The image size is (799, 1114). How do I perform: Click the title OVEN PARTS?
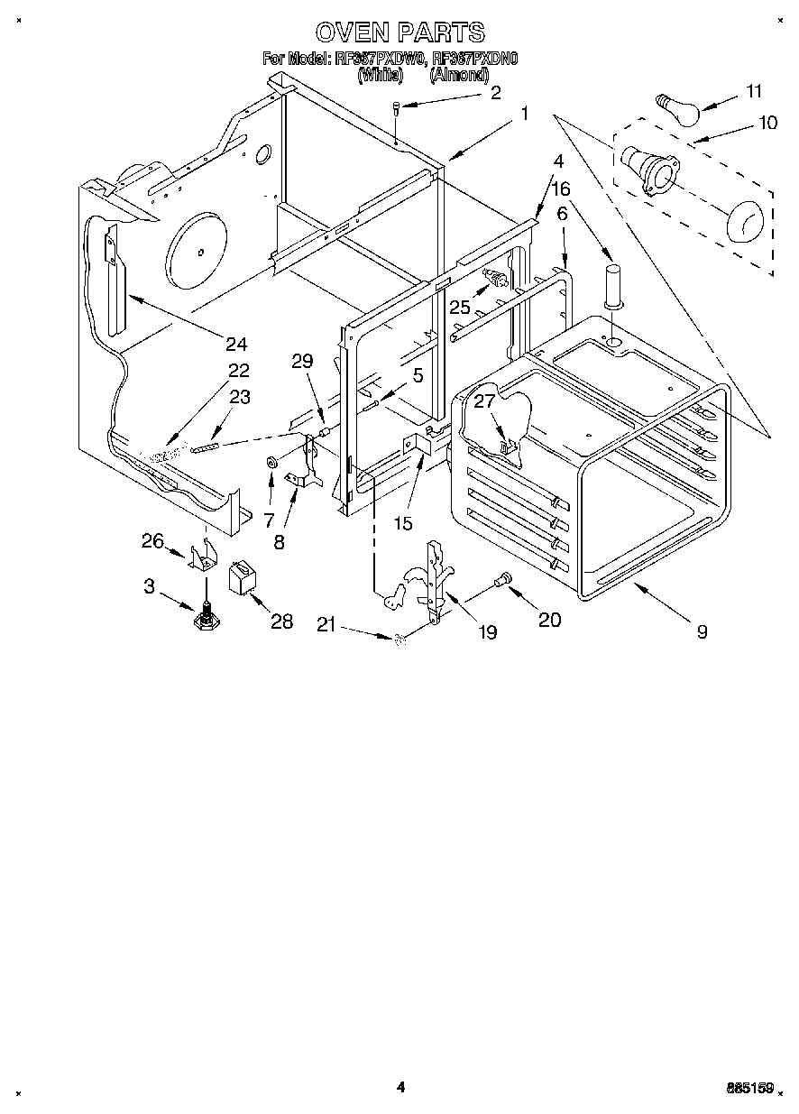(399, 32)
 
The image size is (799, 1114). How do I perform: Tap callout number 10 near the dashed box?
(767, 123)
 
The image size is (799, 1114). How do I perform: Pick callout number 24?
(236, 344)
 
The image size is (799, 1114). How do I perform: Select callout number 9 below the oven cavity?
(702, 632)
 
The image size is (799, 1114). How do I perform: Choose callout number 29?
(302, 361)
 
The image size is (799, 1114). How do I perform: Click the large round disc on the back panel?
(197, 248)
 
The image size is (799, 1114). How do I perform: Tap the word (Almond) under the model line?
(459, 76)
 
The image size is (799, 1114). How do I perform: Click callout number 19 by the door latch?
(486, 633)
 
